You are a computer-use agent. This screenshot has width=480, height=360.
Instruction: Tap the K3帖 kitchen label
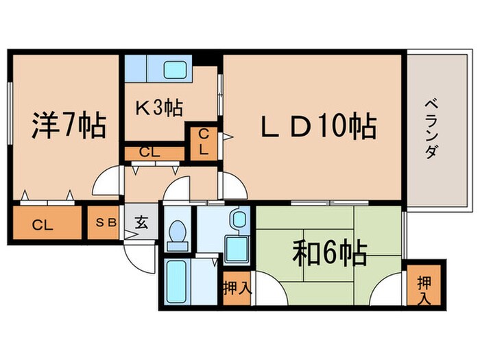(158, 108)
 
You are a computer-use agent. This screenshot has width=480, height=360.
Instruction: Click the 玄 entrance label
(141, 222)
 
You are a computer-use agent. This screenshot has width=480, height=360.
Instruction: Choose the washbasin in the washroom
(238, 219)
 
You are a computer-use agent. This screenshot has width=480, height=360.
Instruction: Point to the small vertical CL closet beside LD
(204, 142)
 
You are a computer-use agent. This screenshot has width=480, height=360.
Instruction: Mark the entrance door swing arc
(137, 257)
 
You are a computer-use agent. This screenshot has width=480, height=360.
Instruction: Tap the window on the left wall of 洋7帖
(10, 113)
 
